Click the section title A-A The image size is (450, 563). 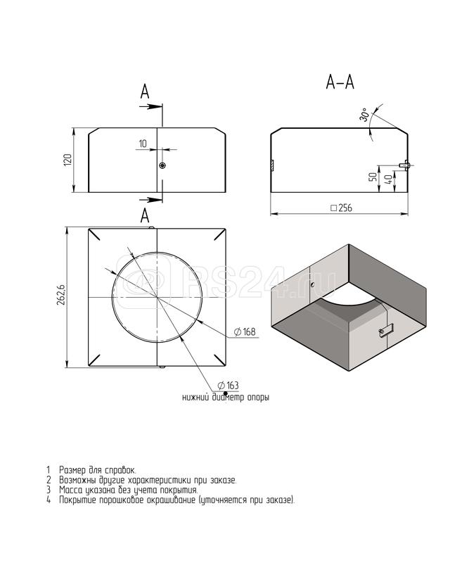pos(340,83)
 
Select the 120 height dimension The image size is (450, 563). pos(67,160)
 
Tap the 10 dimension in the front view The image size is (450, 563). pos(143,144)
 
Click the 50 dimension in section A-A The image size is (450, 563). pos(371,177)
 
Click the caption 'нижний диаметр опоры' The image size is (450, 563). pos(225,397)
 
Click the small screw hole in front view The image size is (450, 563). pos(162,165)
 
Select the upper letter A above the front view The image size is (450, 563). pos(145,91)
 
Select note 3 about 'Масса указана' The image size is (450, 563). pos(128,489)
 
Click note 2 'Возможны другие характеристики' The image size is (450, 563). pos(147,479)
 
